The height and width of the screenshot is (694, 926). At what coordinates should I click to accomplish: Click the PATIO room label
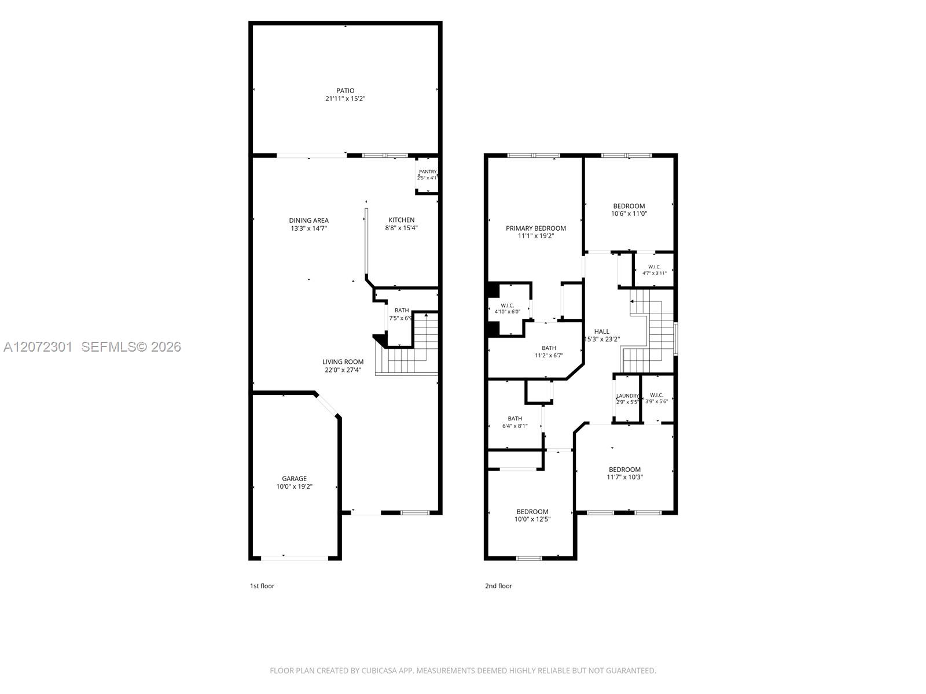pyautogui.click(x=345, y=91)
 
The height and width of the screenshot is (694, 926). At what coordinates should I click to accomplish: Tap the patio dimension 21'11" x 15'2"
pyautogui.click(x=345, y=98)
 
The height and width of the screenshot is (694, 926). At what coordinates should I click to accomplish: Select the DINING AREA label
pyautogui.click(x=309, y=220)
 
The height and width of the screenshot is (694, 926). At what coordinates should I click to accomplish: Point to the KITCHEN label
pyautogui.click(x=401, y=220)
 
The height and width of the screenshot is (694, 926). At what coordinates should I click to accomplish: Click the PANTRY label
pyautogui.click(x=428, y=172)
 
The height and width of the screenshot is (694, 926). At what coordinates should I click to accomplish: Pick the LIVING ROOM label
pyautogui.click(x=343, y=362)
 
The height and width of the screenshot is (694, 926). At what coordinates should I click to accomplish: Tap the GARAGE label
pyautogui.click(x=295, y=479)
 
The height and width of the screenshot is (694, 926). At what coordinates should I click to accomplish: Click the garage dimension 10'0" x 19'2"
pyautogui.click(x=295, y=487)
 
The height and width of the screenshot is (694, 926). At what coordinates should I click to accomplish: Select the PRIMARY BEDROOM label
pyautogui.click(x=536, y=228)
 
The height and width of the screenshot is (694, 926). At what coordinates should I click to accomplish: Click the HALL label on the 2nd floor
pyautogui.click(x=601, y=331)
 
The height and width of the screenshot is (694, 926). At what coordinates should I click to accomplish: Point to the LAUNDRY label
pyautogui.click(x=627, y=396)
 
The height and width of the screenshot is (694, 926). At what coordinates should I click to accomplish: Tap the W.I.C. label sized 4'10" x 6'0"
pyautogui.click(x=508, y=306)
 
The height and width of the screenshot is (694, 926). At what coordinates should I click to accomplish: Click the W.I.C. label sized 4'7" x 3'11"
pyautogui.click(x=655, y=267)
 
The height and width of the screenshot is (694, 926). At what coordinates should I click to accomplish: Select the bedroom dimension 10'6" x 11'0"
pyautogui.click(x=629, y=213)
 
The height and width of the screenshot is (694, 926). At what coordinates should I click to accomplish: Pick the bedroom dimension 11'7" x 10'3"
pyautogui.click(x=625, y=478)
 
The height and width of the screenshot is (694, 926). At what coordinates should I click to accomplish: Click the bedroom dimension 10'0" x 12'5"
pyautogui.click(x=532, y=519)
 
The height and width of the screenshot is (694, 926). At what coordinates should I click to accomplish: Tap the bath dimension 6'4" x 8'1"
pyautogui.click(x=515, y=426)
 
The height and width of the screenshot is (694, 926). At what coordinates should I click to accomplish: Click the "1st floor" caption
pyautogui.click(x=262, y=586)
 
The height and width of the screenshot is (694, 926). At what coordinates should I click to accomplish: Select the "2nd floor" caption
pyautogui.click(x=499, y=586)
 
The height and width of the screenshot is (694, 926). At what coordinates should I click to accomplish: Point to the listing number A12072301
pyautogui.click(x=38, y=347)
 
